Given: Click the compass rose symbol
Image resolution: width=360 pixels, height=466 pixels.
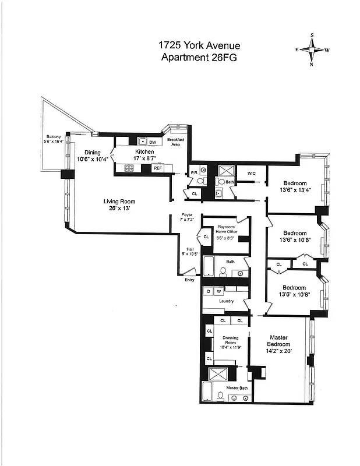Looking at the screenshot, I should point(312,50).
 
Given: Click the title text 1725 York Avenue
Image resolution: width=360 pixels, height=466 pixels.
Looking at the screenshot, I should point(199,45).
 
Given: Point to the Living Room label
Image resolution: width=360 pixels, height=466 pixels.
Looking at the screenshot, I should point(119,202).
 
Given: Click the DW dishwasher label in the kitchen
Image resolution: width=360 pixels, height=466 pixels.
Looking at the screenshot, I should point(153,142).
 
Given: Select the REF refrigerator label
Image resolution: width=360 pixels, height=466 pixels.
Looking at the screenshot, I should point(157,168).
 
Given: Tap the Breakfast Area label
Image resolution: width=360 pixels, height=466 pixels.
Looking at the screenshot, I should point(175,142).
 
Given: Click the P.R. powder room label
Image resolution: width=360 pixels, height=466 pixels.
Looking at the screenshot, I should point(194,173).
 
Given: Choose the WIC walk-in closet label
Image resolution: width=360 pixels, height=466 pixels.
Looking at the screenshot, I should point(252,173).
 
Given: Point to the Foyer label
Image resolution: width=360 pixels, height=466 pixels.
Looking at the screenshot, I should point(186,215).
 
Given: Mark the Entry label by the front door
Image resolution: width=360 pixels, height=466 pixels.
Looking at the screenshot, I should point(190,280).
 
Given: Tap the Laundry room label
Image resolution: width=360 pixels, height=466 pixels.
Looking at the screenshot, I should point(226,301).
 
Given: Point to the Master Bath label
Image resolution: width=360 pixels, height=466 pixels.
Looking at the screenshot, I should point(237,388).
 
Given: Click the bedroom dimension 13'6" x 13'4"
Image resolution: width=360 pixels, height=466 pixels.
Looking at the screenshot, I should point(294,189).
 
